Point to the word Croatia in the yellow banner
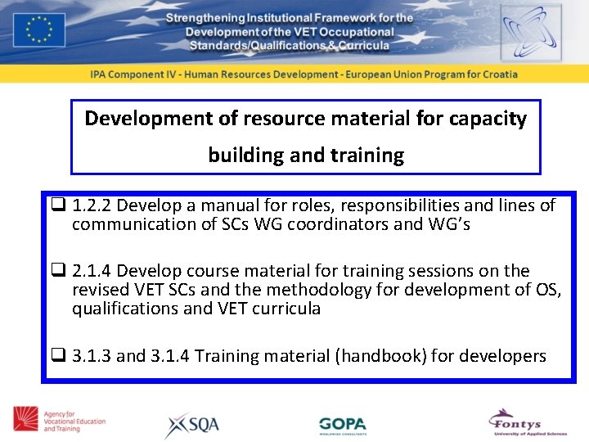point(496,74)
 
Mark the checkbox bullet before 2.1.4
point(59,271)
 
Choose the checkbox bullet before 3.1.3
point(59,356)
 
